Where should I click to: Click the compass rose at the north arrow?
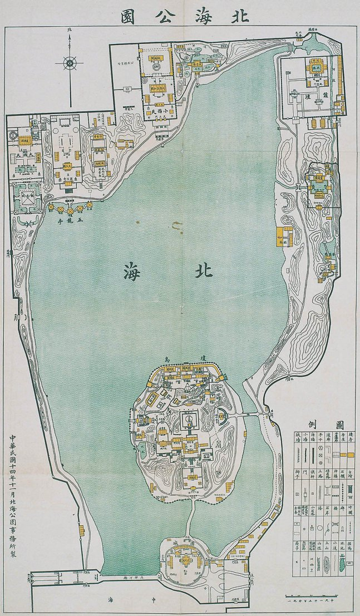coord(70,62)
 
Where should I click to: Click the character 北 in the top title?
coord(231,16)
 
